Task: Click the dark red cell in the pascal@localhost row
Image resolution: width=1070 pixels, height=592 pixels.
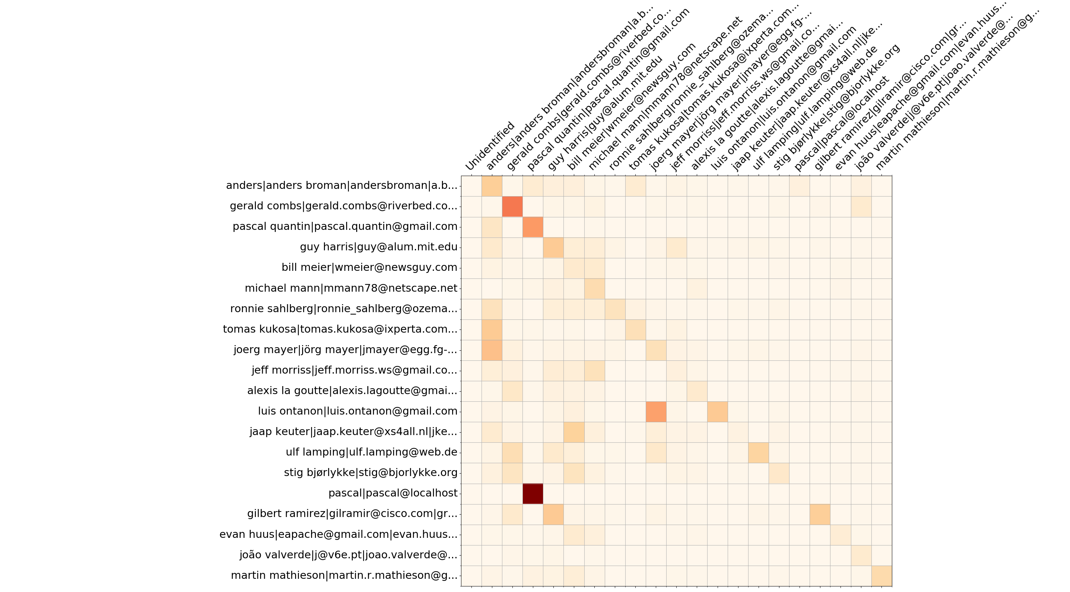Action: point(533,493)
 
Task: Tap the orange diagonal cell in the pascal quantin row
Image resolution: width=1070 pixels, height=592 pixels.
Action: point(533,227)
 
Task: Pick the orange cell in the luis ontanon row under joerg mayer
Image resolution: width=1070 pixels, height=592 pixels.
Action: point(656,412)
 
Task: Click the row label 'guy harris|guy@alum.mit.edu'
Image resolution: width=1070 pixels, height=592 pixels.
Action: point(378,247)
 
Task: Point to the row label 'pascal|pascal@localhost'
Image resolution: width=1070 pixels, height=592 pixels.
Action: point(393,493)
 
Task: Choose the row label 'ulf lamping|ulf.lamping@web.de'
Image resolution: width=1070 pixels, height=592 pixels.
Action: point(371,452)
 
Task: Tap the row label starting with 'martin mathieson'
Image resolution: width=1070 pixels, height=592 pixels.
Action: point(344,575)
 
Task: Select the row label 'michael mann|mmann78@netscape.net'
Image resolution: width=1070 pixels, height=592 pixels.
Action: point(351,288)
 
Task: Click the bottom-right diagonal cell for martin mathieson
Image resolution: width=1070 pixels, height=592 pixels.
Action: point(881,576)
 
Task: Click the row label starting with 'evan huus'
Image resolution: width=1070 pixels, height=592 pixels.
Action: point(338,534)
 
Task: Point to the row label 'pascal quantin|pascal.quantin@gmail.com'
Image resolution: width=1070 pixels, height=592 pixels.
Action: point(345,226)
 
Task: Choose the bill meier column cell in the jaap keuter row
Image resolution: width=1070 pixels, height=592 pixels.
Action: point(574,432)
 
